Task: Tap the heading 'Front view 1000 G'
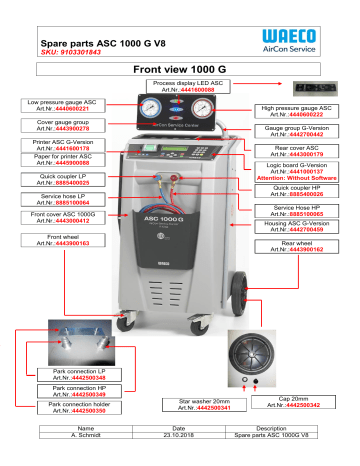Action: pos(180,70)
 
